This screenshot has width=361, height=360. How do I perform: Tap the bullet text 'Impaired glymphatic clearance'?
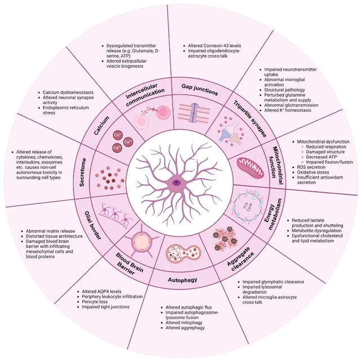[x=273, y=281]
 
